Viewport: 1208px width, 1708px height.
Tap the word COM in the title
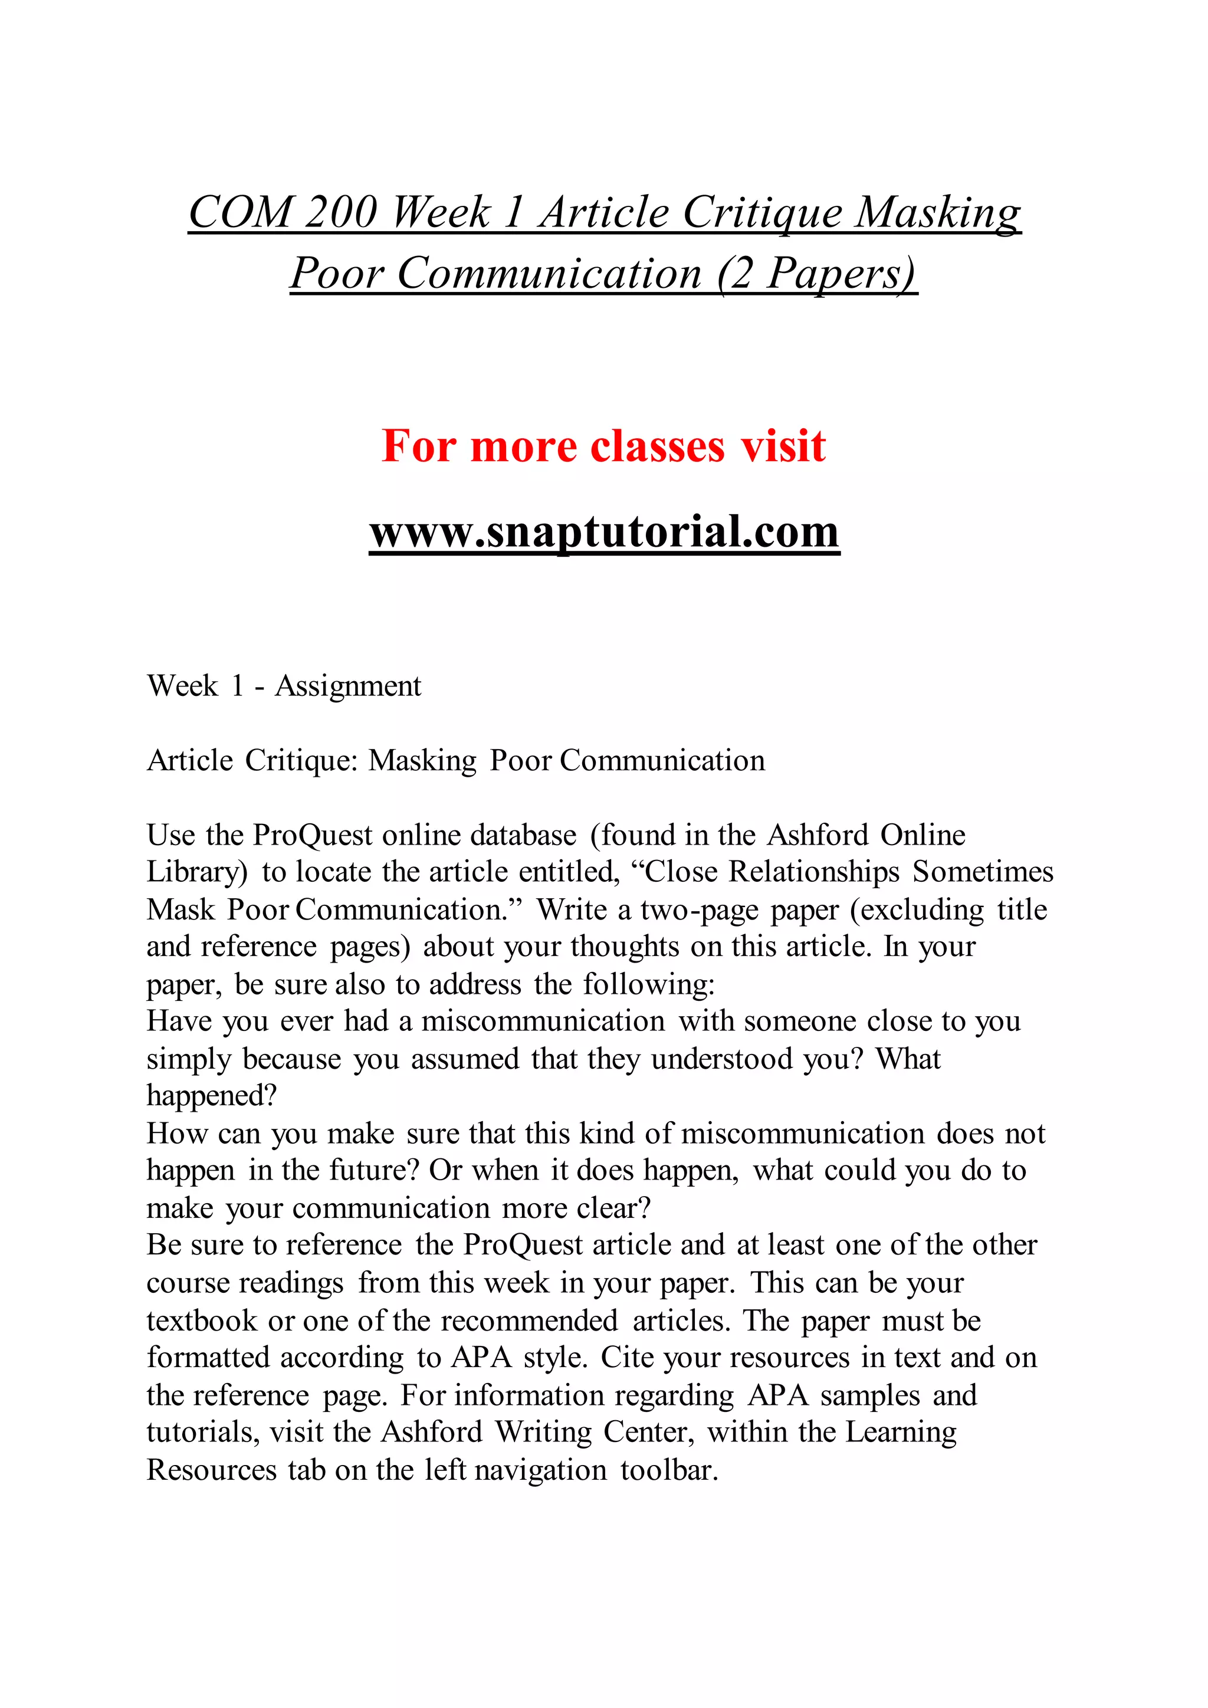[239, 213]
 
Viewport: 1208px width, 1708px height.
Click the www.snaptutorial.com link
[604, 532]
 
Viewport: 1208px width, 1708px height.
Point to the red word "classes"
[657, 446]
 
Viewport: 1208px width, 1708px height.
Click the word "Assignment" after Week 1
[348, 686]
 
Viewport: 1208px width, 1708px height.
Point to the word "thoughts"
[625, 947]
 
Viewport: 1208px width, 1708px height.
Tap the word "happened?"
[211, 1096]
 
